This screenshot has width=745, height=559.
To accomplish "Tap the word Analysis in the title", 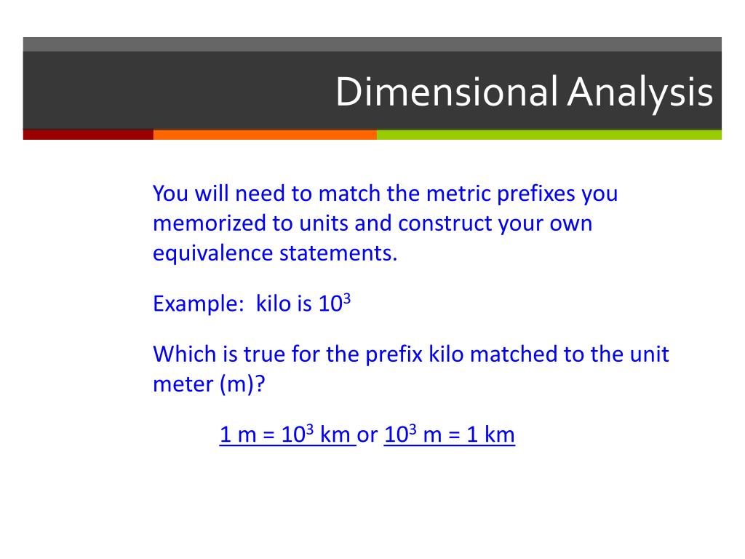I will tap(640, 92).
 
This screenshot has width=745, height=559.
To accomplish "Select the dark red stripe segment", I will tap(88, 135).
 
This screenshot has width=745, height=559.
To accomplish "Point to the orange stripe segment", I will tap(265, 135).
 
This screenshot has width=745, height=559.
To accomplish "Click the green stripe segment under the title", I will tap(549, 135).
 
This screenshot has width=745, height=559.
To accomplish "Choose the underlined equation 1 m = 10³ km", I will tap(287, 435).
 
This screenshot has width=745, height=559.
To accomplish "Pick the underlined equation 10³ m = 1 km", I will tap(449, 435).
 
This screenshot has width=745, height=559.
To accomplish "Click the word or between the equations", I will tap(368, 435).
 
